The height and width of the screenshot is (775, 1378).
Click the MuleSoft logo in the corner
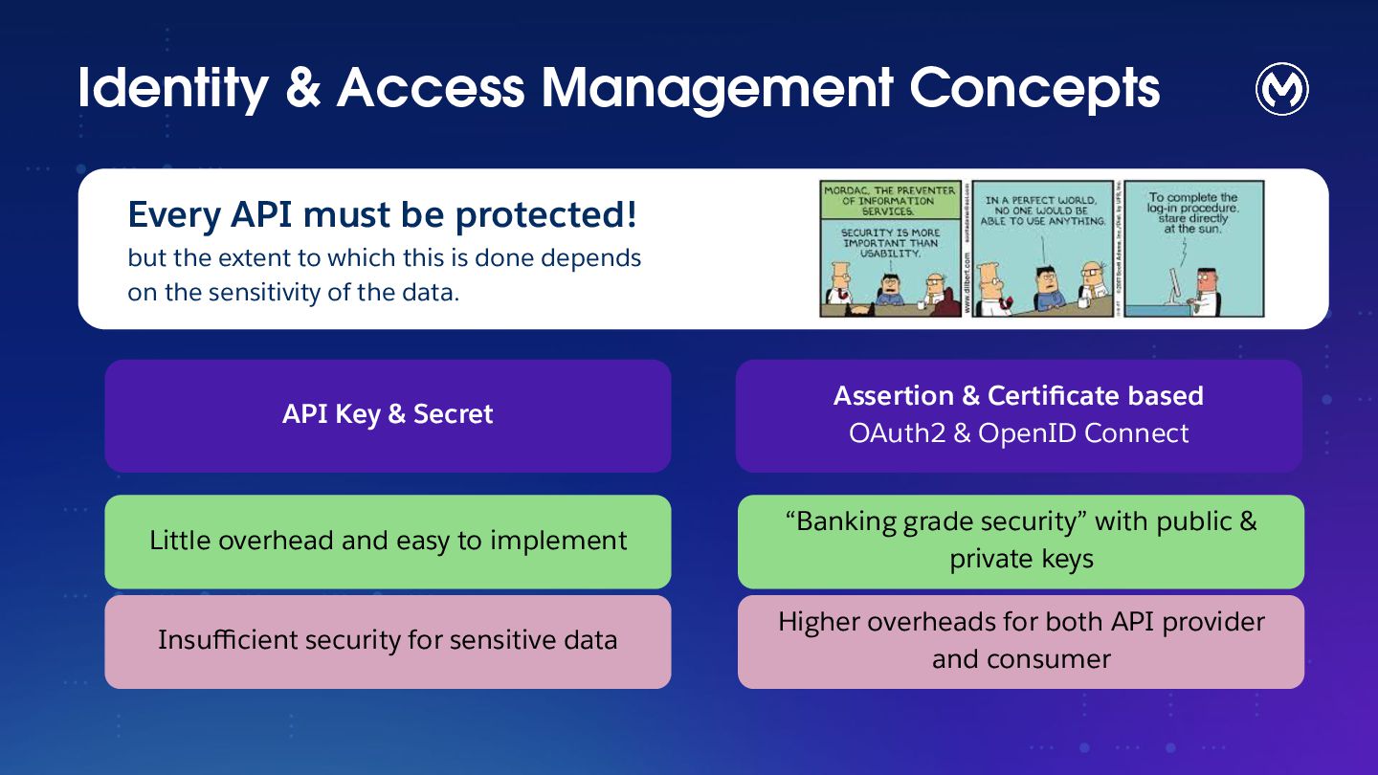click(1281, 89)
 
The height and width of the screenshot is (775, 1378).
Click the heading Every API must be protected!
click(382, 214)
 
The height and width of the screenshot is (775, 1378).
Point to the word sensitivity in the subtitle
click(273, 292)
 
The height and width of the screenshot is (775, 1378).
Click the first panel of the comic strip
click(890, 249)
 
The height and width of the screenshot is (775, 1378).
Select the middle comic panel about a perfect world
click(1043, 249)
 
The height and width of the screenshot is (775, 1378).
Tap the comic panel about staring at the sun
click(1194, 249)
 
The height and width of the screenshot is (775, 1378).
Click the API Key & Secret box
click(388, 415)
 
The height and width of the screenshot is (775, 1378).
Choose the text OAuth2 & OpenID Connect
click(1018, 433)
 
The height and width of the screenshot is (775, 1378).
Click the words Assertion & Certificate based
click(1018, 395)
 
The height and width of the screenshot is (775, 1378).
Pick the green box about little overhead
click(388, 541)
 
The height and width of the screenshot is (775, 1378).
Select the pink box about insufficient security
click(388, 641)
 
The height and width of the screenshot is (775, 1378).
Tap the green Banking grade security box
click(1020, 541)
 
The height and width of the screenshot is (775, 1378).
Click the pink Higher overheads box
click(1020, 641)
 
